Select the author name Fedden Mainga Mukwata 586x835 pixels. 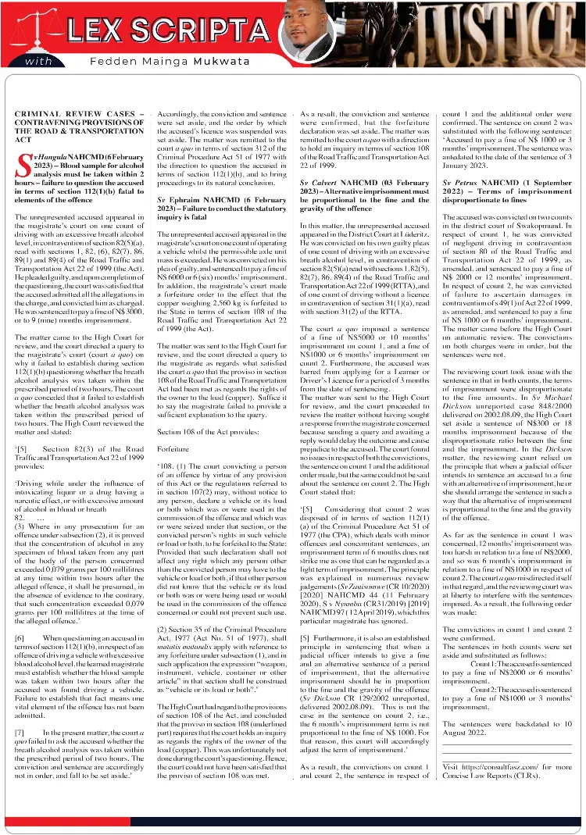click(157, 62)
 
